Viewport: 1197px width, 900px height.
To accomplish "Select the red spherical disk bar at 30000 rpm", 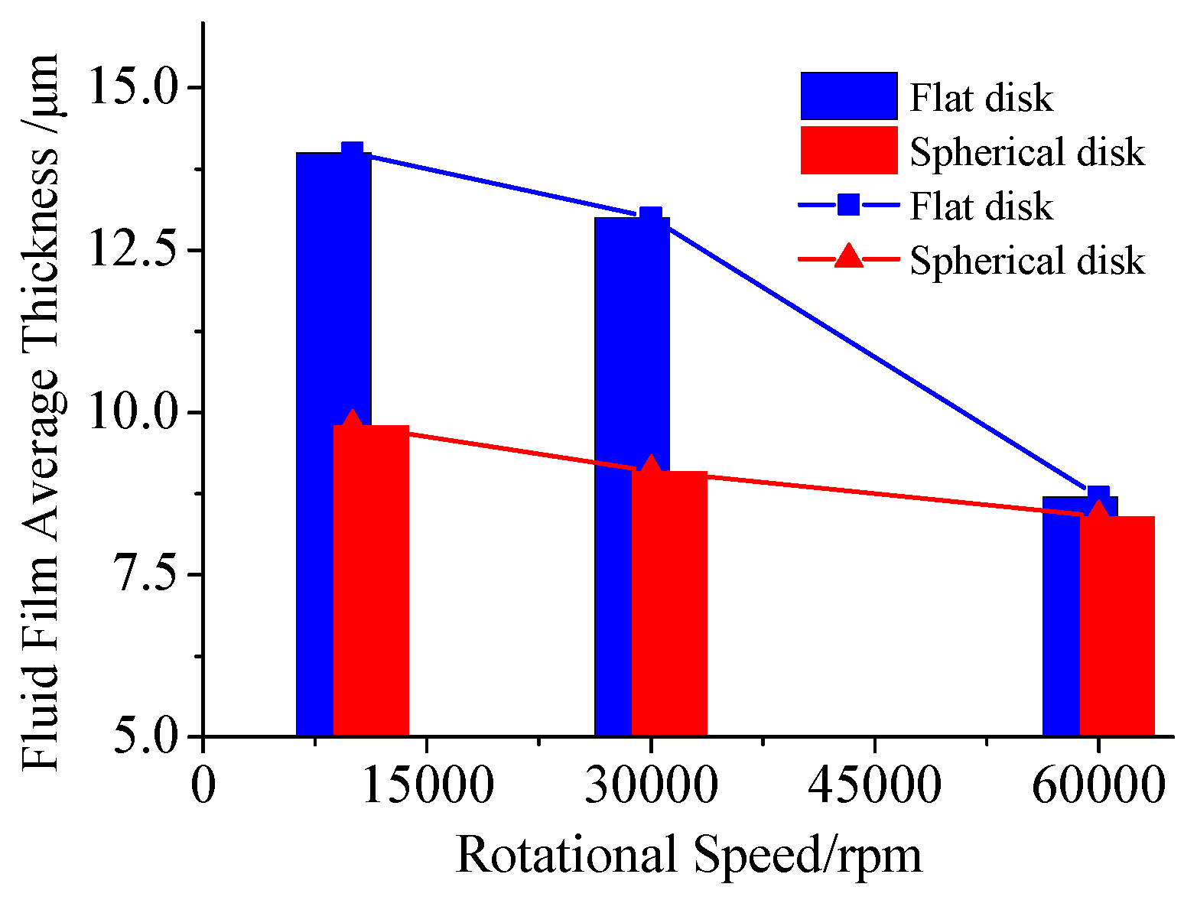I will [x=669, y=604].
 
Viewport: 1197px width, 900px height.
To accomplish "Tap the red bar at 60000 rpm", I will [x=1117, y=627].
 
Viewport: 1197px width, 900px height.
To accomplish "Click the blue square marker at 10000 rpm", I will [x=352, y=152].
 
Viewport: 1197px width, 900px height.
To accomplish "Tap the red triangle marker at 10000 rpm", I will [x=352, y=421].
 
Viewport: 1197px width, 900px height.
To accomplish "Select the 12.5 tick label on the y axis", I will [x=135, y=251].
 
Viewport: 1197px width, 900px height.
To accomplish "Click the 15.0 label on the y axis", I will [x=135, y=88].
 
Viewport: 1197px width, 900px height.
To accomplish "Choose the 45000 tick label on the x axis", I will [x=874, y=786].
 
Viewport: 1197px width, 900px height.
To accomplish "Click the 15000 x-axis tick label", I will [x=427, y=786].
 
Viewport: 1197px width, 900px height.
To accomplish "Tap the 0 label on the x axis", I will [x=203, y=786].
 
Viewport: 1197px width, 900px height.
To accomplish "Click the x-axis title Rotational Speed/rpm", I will [x=688, y=855].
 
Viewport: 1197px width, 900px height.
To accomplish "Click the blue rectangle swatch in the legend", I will [x=848, y=96].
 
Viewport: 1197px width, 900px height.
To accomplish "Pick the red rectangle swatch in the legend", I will [x=848, y=150].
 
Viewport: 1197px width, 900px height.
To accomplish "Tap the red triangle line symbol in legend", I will [x=848, y=257].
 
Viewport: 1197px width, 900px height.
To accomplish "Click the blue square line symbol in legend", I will [x=848, y=205].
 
